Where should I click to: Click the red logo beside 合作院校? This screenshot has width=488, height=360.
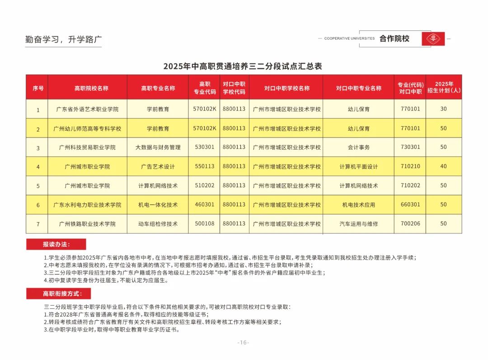click(433, 39)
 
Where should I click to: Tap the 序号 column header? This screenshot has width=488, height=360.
click(38, 88)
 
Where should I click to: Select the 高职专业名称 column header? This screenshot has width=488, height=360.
click(158, 88)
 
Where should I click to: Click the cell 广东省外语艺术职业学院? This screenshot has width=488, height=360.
click(87, 109)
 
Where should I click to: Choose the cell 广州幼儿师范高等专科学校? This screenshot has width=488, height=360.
click(87, 129)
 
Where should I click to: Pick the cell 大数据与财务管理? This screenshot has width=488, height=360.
click(158, 147)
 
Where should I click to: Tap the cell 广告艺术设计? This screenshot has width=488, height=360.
click(158, 166)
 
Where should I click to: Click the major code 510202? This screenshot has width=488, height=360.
click(205, 185)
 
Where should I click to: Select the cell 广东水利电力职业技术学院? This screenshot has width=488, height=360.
click(87, 205)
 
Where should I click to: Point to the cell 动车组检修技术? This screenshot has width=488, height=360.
click(158, 224)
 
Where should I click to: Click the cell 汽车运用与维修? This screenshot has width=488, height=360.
click(359, 224)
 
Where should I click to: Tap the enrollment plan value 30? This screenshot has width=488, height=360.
click(443, 109)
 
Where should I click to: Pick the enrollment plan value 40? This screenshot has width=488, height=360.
click(443, 166)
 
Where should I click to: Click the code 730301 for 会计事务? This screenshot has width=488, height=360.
click(410, 147)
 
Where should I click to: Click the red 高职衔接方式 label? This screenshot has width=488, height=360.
click(59, 294)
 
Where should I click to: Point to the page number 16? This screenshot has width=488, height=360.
click(243, 342)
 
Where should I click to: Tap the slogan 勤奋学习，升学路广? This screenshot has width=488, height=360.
click(63, 39)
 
